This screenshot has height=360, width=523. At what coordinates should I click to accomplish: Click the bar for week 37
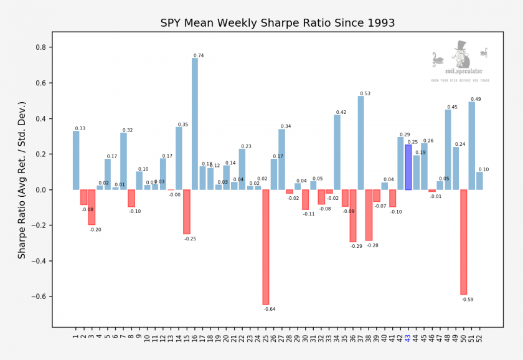[x=361, y=143]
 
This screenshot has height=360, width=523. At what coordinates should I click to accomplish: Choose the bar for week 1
[x=76, y=160]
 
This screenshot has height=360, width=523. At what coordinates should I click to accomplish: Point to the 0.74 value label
[x=199, y=56]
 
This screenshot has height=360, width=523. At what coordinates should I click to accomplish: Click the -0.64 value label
[x=270, y=309]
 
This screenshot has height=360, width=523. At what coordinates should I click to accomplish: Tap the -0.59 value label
[x=468, y=300]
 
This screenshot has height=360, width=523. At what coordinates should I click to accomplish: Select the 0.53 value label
[x=365, y=93]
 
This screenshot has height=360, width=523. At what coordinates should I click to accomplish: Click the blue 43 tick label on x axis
[x=408, y=338]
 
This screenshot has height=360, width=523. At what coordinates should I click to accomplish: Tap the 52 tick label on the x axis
[x=480, y=338]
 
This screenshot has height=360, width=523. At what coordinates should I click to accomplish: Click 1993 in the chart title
[x=377, y=24]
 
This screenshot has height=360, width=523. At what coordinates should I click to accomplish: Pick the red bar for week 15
[x=187, y=212]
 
